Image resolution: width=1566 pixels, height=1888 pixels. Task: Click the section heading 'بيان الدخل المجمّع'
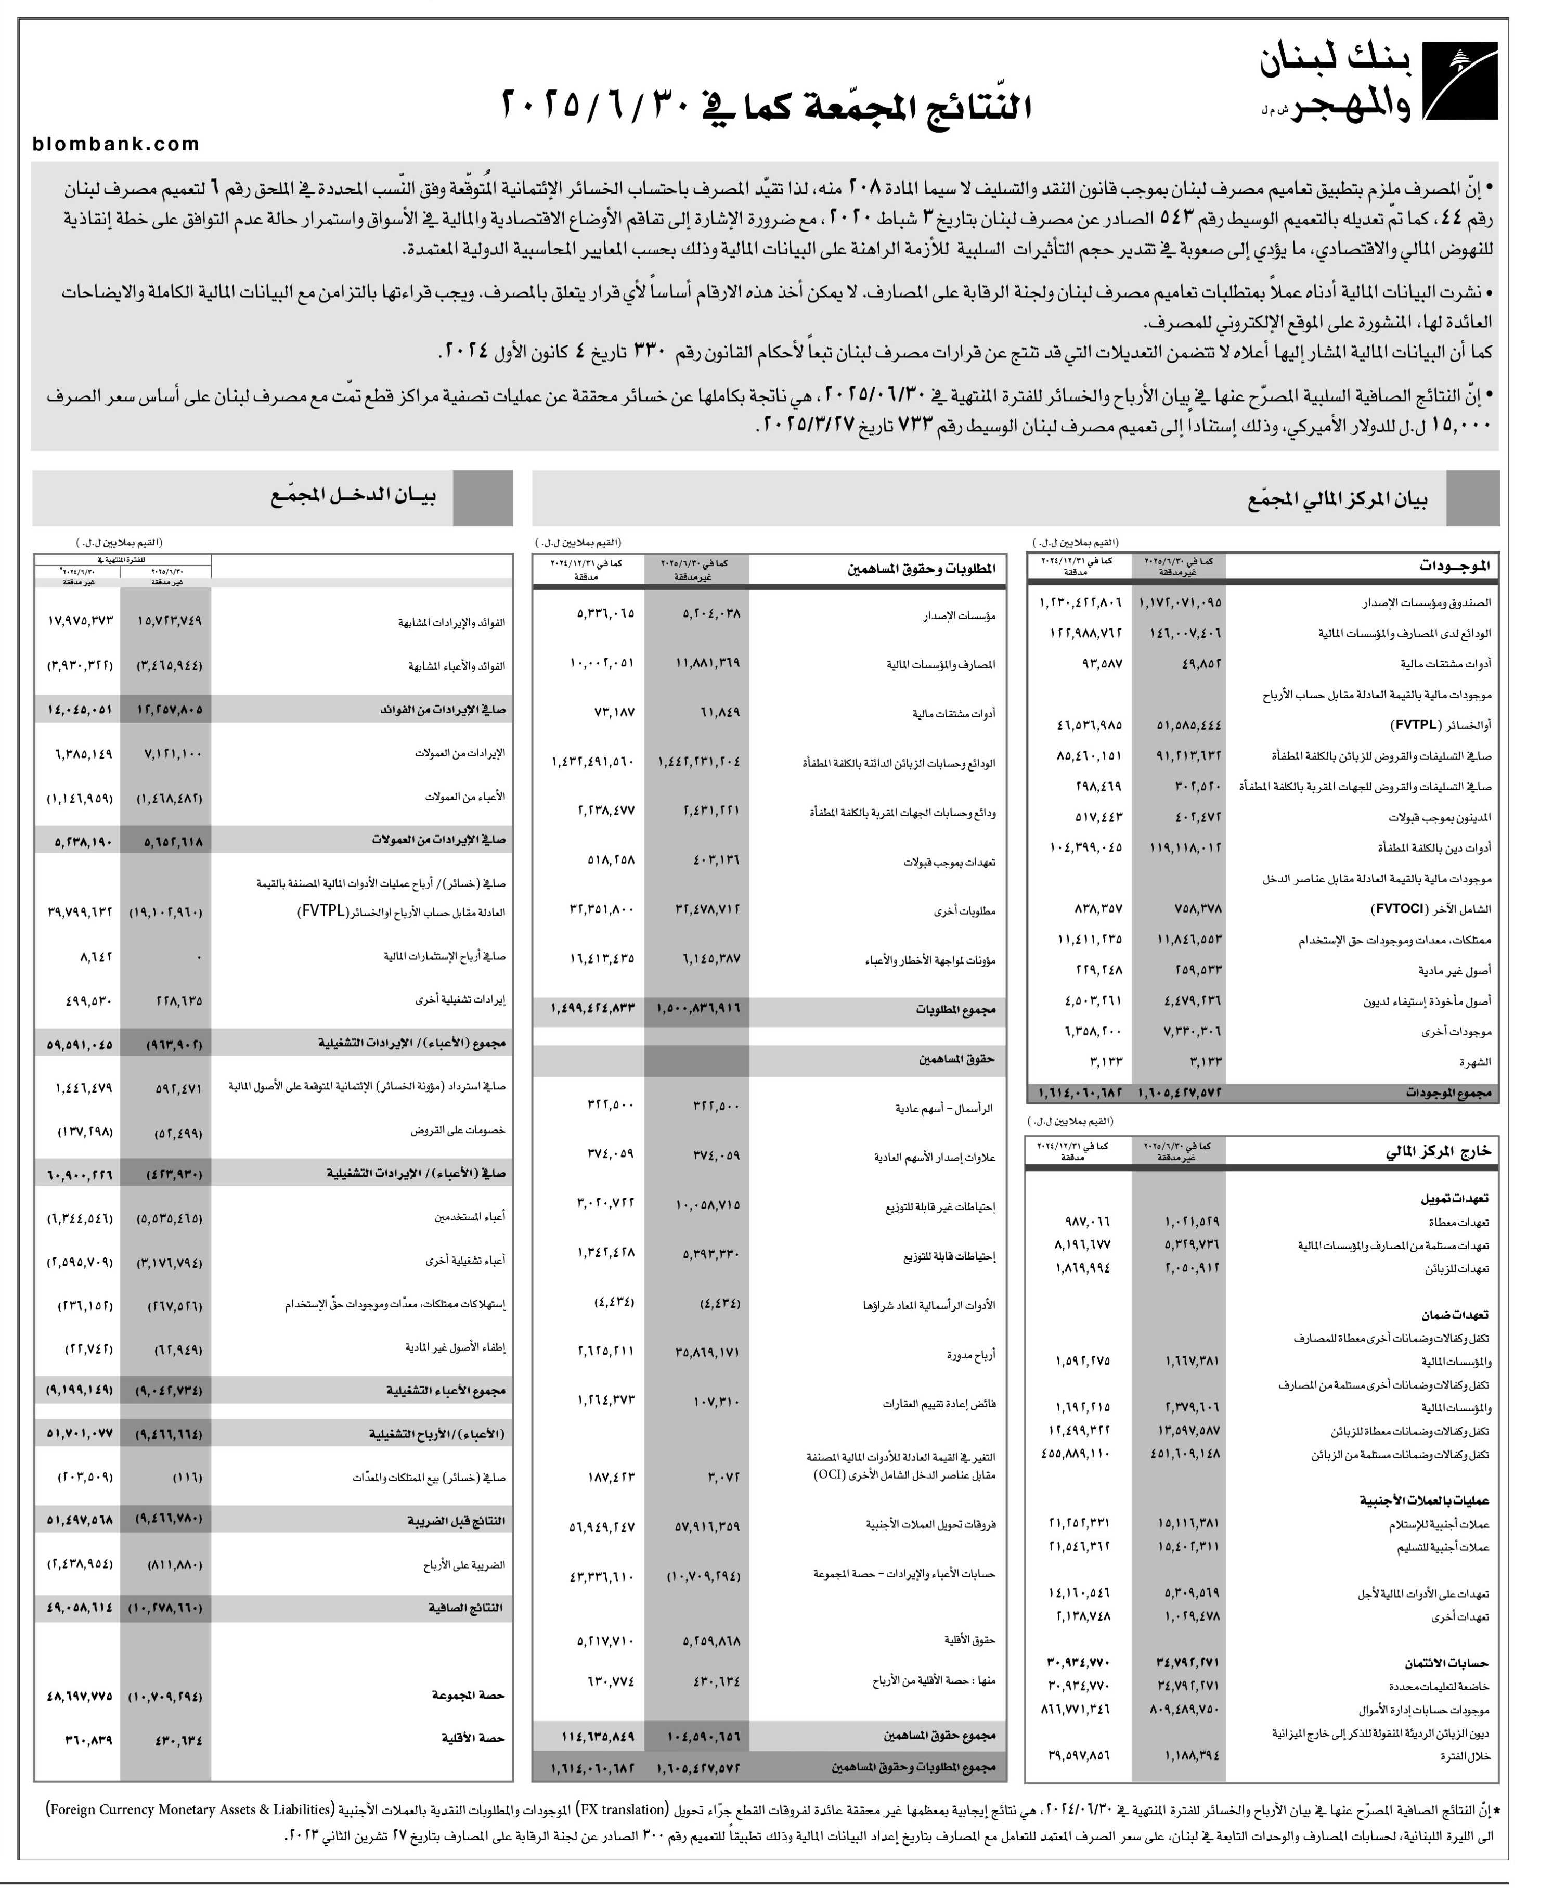pos(353,497)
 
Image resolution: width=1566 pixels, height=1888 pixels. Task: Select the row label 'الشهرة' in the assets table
pos(1475,1062)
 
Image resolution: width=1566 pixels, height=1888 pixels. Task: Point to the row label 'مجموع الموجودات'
pos(1448,1093)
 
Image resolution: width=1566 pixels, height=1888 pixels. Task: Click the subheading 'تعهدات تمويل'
pos(1455,1199)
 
